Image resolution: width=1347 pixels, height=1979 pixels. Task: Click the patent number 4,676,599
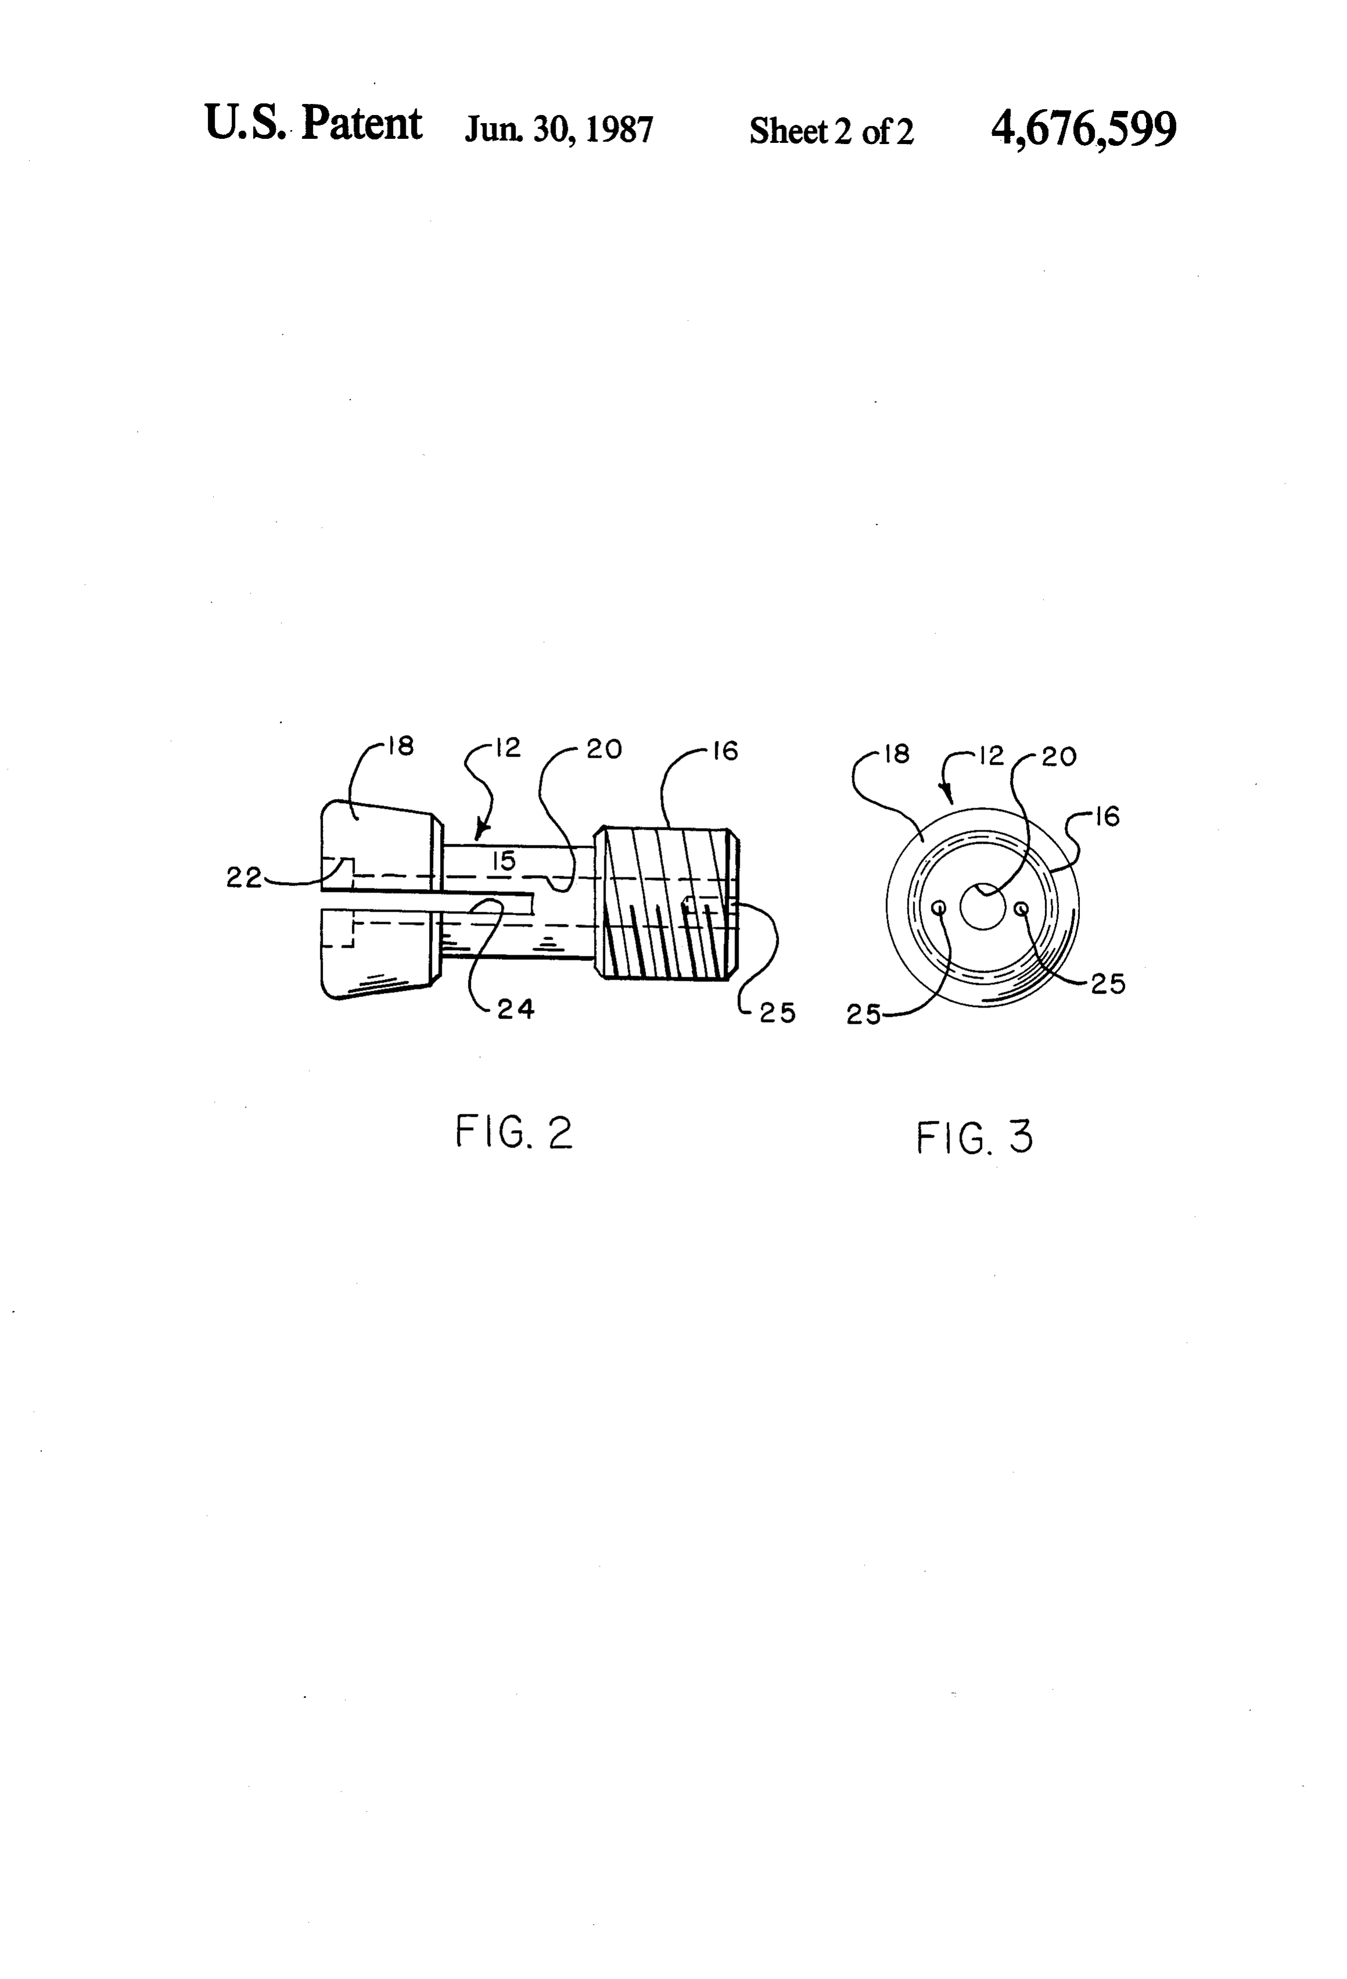click(1083, 129)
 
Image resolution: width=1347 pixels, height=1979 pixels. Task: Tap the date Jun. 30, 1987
click(559, 129)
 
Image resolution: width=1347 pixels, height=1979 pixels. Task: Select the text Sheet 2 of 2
click(831, 131)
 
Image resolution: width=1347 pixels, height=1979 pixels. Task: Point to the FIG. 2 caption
click(514, 1132)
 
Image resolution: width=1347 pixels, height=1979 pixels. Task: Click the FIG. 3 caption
click(975, 1137)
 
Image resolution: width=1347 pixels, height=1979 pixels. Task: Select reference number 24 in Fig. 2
click(516, 1009)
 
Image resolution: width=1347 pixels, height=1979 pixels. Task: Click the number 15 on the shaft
click(504, 861)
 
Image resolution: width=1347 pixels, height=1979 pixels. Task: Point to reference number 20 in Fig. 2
click(604, 749)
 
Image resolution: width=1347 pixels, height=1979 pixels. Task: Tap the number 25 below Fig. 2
click(777, 1013)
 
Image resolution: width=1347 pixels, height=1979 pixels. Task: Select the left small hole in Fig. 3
click(940, 909)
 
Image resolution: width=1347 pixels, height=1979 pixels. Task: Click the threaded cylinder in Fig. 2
click(667, 902)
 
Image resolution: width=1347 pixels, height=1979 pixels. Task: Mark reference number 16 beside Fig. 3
click(1107, 818)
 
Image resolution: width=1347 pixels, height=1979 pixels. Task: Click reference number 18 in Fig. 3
click(898, 754)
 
